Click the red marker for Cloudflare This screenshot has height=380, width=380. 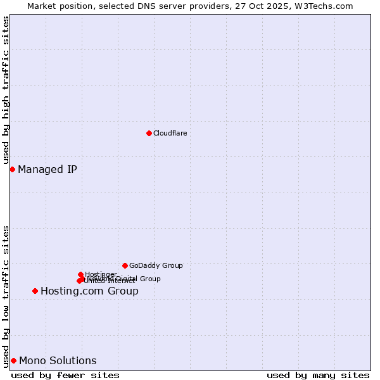click(149, 133)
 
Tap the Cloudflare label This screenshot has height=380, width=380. click(170, 133)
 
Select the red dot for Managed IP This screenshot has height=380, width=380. click(12, 169)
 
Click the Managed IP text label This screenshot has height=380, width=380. click(47, 169)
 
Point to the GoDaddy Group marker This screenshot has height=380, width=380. click(125, 265)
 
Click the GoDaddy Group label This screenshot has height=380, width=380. click(156, 265)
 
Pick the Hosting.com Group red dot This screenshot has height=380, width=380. click(35, 291)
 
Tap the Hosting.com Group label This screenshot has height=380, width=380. click(89, 291)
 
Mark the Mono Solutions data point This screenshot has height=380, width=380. click(13, 360)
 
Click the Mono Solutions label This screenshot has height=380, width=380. click(58, 361)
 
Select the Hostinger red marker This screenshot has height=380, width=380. click(80, 274)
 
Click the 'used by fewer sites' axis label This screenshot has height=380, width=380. click(65, 375)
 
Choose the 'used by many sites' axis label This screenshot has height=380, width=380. click(318, 375)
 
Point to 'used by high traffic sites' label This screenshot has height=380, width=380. click(6, 91)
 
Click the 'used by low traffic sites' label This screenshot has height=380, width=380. click(6, 296)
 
